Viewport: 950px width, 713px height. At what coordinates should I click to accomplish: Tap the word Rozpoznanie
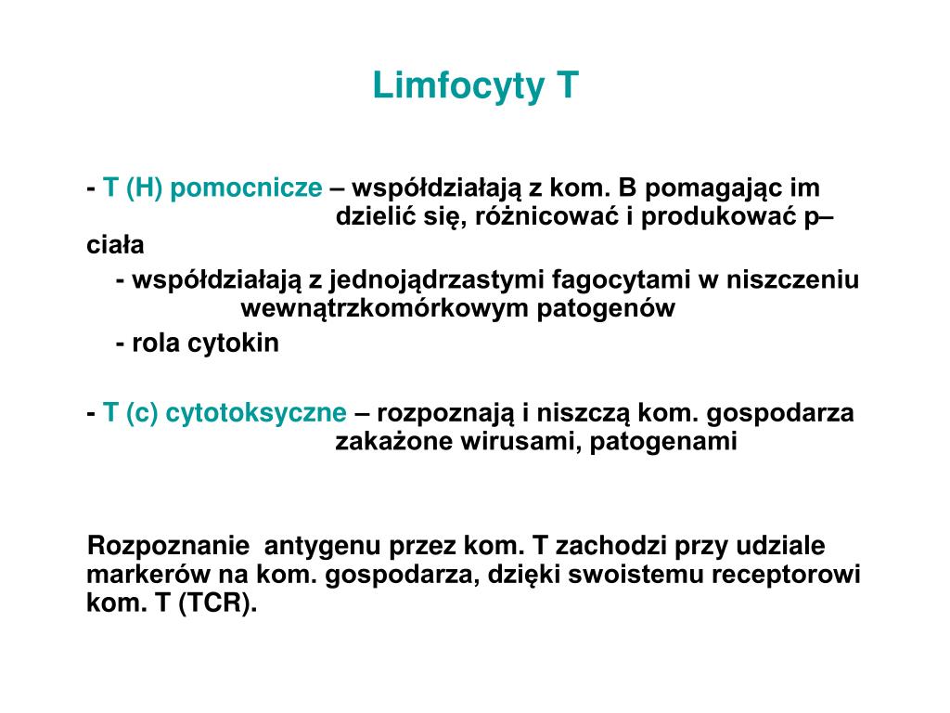pyautogui.click(x=167, y=546)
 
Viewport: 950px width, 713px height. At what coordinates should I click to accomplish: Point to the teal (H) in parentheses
pyautogui.click(x=146, y=188)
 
